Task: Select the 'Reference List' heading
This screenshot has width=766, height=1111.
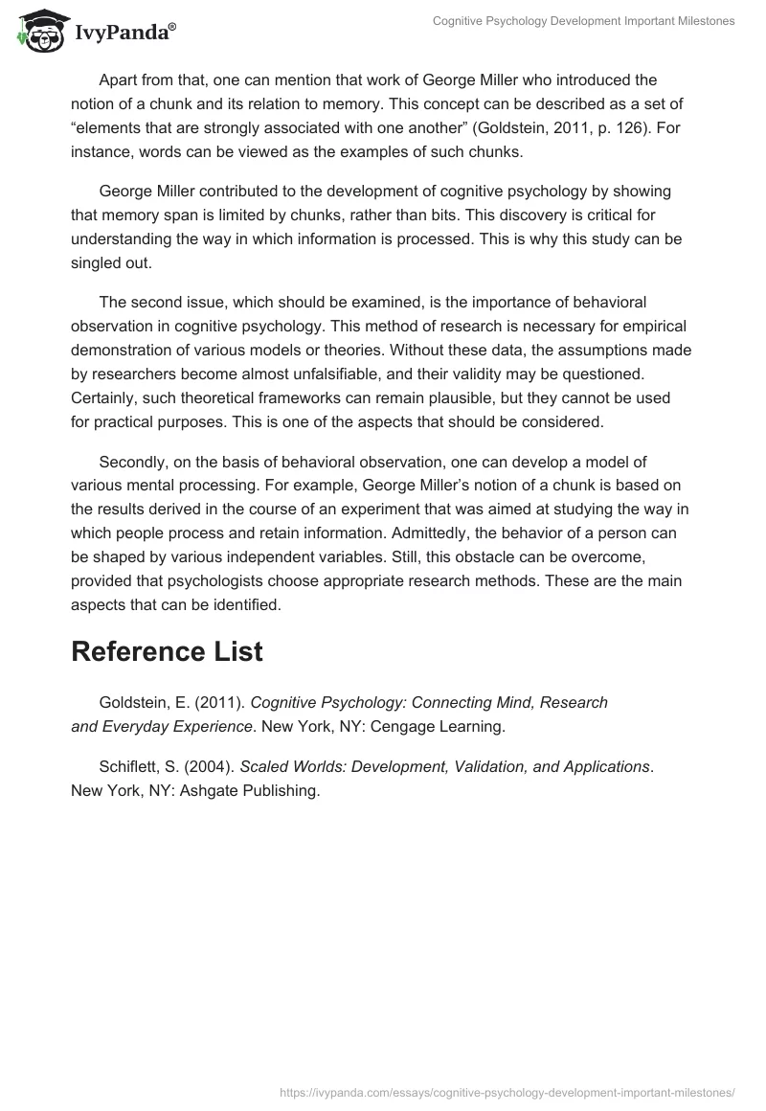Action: tap(167, 651)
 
